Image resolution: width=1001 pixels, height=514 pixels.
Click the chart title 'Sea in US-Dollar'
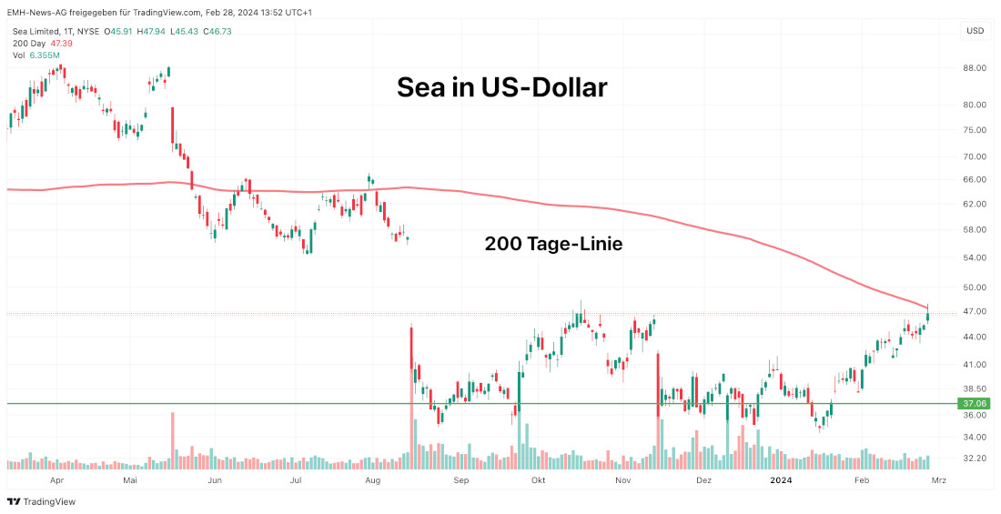pos(501,88)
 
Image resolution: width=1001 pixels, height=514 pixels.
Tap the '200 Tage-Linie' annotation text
pos(553,244)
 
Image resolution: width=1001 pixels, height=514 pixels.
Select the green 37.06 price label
pos(975,403)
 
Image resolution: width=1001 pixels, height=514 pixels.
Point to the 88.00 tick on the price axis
pos(975,68)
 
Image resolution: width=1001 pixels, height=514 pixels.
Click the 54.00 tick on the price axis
pos(975,258)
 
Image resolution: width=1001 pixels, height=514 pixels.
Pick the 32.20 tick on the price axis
pos(975,459)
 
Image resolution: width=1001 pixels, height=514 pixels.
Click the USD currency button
pos(975,31)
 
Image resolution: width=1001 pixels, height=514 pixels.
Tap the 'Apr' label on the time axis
pos(56,479)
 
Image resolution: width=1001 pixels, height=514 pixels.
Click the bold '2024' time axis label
pos(781,479)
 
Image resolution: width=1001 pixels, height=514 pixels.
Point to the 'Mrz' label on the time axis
pos(939,479)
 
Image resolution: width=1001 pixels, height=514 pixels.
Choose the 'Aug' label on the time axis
pos(372,479)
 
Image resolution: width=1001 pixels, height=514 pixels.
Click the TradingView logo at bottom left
pos(41,501)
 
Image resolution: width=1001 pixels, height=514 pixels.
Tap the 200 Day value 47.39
pos(62,43)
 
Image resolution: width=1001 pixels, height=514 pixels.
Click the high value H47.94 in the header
pos(152,31)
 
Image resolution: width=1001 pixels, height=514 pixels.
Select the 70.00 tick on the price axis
pos(975,156)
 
